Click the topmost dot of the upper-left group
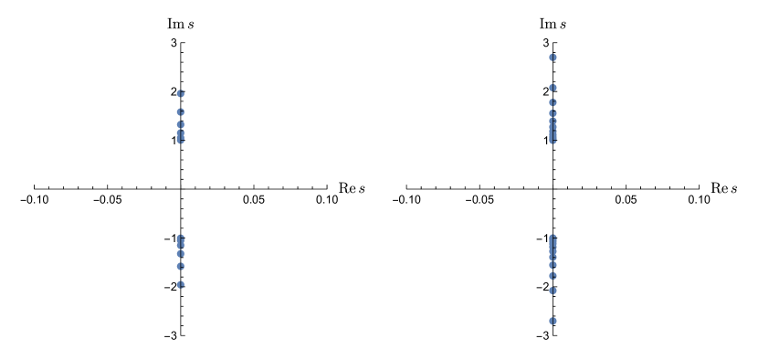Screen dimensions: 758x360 (181, 93)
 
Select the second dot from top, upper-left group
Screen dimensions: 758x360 (181, 111)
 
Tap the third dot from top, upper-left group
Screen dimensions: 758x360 (181, 123)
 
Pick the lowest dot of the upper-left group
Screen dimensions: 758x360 (181, 140)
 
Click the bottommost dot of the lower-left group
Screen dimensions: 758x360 (181, 284)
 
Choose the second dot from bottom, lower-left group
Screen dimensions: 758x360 (181, 266)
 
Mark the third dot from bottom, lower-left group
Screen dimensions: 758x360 (181, 254)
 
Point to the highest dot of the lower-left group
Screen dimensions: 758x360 (181, 238)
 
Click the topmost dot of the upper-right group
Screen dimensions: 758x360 (553, 57)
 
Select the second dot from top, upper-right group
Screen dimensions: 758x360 (553, 88)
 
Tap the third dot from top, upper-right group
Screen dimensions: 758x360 (553, 102)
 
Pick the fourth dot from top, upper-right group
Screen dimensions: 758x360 (553, 113)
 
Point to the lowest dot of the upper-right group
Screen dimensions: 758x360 (553, 140)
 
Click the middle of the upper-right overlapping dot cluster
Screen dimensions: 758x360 (553, 127)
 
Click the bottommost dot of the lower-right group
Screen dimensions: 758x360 (553, 321)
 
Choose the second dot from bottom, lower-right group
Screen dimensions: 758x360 (553, 291)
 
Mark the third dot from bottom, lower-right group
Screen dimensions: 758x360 (553, 275)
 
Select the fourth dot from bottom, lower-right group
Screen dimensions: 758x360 (553, 264)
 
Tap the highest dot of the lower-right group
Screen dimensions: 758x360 (553, 238)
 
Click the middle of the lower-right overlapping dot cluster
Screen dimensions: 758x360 (553, 250)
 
